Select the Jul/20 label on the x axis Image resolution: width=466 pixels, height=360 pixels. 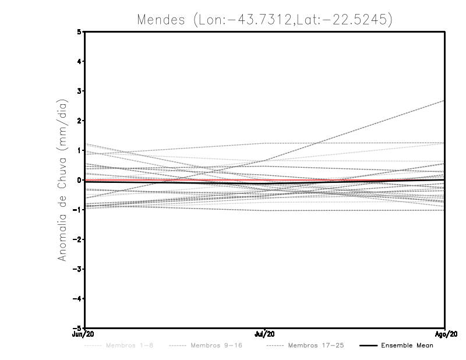coord(265,334)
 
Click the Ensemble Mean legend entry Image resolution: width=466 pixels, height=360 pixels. coord(407,346)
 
